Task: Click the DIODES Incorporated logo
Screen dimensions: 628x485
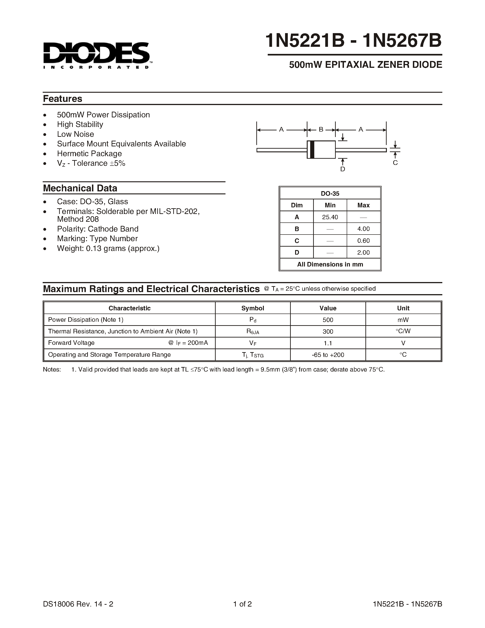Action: (97, 55)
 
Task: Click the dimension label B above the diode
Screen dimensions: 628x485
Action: (321, 130)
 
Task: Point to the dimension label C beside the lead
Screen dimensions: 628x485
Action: (395, 163)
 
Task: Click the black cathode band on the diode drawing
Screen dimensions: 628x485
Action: (312, 150)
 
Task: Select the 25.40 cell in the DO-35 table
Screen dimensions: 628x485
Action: (330, 217)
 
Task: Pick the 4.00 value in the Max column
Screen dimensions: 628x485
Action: (363, 229)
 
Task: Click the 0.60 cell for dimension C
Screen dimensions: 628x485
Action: (363, 241)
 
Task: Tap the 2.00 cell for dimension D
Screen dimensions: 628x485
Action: (363, 253)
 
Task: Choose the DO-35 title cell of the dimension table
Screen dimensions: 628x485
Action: (330, 193)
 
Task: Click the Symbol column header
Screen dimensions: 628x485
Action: (253, 308)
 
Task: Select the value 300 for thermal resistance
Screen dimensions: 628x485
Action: (328, 332)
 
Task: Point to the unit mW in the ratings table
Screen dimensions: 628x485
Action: (403, 320)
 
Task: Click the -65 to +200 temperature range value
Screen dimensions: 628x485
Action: (328, 355)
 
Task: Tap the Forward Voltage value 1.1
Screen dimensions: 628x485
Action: (328, 343)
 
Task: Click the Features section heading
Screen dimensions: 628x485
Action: (63, 99)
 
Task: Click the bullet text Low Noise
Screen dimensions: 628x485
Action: (76, 134)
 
